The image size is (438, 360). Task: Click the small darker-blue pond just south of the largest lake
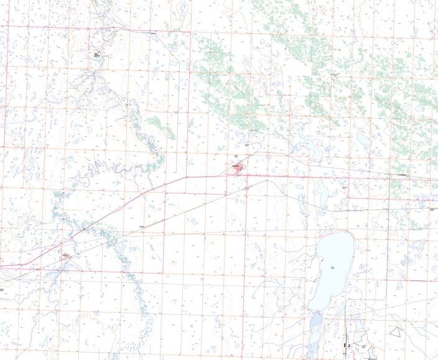tap(315, 320)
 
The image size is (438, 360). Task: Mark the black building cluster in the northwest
tap(97, 55)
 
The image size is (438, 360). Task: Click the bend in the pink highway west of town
tap(186, 177)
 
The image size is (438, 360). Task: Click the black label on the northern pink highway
tap(154, 33)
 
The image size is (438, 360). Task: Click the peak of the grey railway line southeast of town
tap(268, 181)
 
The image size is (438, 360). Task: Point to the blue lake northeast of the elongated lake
tap(362, 137)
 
